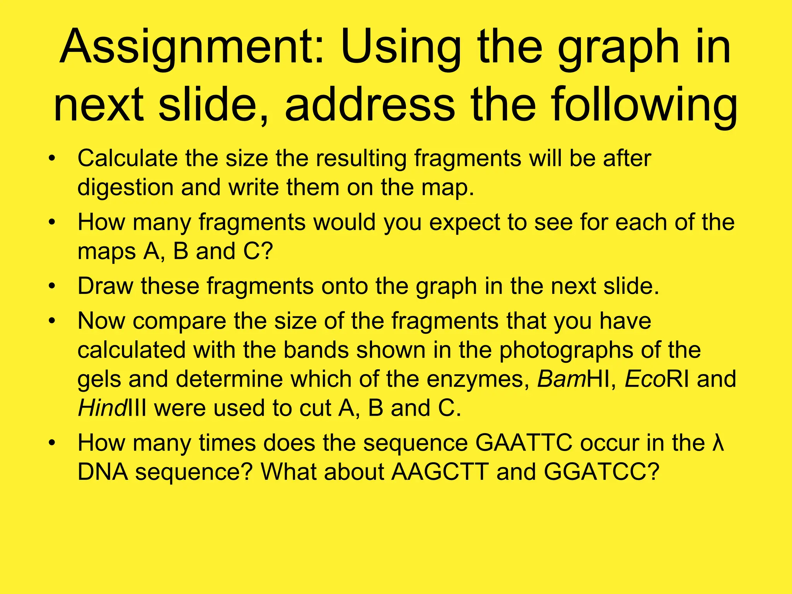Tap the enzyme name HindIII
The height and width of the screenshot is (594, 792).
click(112, 408)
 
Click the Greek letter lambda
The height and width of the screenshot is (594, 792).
click(717, 443)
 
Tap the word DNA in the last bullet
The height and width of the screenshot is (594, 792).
click(103, 472)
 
